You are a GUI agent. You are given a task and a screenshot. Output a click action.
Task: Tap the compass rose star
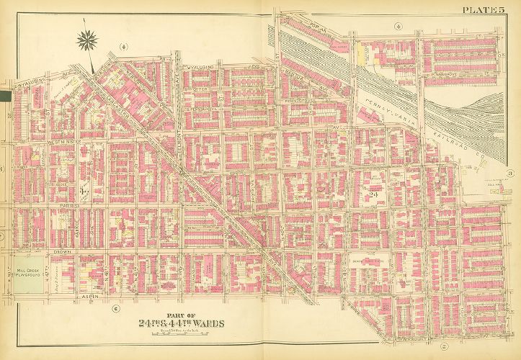89,40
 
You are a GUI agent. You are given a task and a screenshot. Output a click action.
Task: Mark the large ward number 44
85,192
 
